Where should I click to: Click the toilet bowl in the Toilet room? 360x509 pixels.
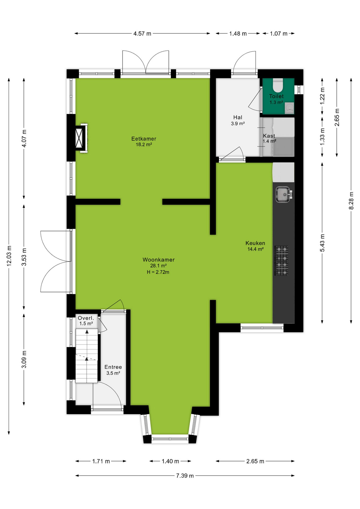(278, 85)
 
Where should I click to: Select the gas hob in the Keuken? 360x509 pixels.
(282, 261)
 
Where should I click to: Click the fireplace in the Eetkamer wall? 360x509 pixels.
(81, 138)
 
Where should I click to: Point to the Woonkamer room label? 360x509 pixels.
(159, 260)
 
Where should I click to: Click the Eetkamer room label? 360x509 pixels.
(144, 139)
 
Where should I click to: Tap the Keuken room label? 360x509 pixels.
(255, 243)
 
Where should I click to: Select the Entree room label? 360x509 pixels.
(113, 367)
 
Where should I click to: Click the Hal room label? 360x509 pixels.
(238, 117)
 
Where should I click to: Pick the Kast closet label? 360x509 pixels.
(269, 136)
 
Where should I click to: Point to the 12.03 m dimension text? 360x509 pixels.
(9, 256)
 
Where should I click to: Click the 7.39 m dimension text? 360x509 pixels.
(185, 476)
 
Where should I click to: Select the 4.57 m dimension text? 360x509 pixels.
(142, 34)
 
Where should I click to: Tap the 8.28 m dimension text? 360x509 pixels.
(351, 200)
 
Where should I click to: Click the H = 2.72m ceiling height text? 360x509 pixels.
(158, 272)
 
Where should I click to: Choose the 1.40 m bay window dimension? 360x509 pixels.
(170, 461)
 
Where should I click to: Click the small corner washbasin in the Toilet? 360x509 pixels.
(290, 108)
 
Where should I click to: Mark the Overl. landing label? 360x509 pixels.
(86, 318)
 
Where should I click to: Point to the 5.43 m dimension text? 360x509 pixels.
(322, 243)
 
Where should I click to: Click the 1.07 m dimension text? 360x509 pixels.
(279, 34)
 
